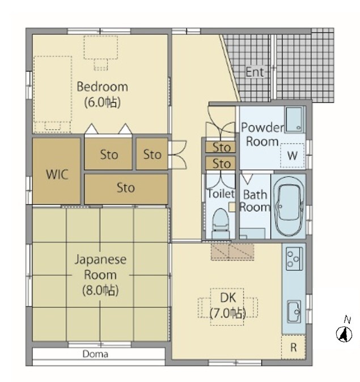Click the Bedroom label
tap(103, 87)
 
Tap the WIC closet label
tap(57, 175)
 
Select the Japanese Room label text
tap(100, 267)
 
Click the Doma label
tap(95, 354)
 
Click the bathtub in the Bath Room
tap(289, 206)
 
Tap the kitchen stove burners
tap(294, 258)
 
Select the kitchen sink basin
tap(294, 312)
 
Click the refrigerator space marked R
tap(294, 347)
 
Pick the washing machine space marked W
tap(293, 156)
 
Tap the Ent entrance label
tap(255, 72)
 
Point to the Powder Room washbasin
tap(294, 120)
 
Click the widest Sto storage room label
tap(126, 188)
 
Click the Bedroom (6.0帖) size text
tap(103, 103)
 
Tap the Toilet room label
tap(221, 194)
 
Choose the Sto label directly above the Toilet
tap(222, 163)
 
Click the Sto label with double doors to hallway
tap(153, 155)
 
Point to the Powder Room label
tap(262, 134)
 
